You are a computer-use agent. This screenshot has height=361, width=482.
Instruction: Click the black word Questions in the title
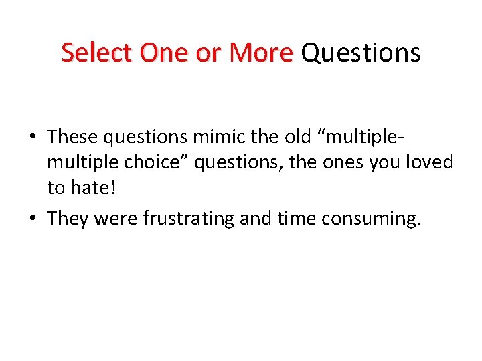(x=360, y=53)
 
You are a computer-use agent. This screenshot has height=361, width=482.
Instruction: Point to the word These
(x=72, y=137)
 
